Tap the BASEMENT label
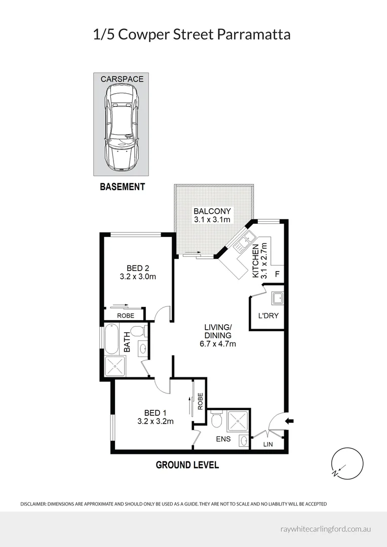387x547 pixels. (122, 186)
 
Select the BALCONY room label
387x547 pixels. (212, 211)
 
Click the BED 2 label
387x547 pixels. (138, 268)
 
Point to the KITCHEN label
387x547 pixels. (255, 261)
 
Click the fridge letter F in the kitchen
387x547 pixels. (278, 274)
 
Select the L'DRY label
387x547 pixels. (268, 316)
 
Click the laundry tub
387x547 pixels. (278, 298)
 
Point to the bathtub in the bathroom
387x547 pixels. (112, 339)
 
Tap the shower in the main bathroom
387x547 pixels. (115, 366)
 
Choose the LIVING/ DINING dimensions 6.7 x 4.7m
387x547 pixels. (218, 343)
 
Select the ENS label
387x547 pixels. (223, 439)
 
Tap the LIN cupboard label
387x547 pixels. (268, 445)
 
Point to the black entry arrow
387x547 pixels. (290, 421)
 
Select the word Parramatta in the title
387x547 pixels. (254, 35)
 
